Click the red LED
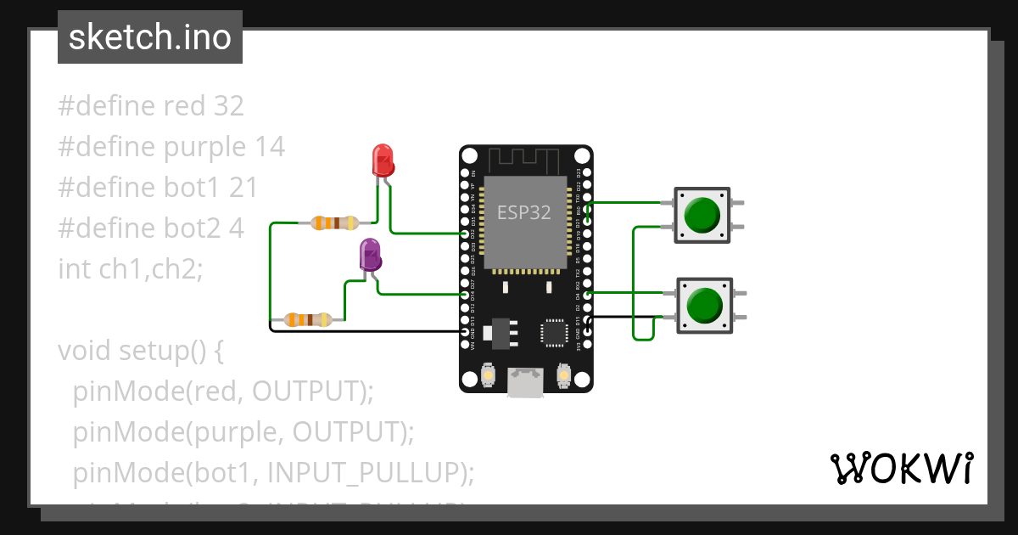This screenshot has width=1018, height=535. point(383,160)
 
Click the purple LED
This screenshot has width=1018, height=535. point(370,254)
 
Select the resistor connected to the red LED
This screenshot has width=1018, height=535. point(333,223)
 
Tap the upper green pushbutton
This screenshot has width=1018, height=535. point(702,215)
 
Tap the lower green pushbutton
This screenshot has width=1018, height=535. point(702,305)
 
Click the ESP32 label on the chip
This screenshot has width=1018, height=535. point(523,213)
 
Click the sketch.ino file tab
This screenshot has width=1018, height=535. point(150,37)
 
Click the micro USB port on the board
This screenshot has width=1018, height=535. point(526,383)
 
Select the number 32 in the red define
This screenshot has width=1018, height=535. point(228,106)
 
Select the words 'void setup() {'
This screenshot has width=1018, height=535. point(140,350)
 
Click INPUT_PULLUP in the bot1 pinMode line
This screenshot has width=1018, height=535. point(374,472)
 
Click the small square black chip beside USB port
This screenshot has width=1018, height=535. point(555,332)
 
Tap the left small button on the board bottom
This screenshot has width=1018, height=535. point(489,374)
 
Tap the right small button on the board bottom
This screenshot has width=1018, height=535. point(563,374)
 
